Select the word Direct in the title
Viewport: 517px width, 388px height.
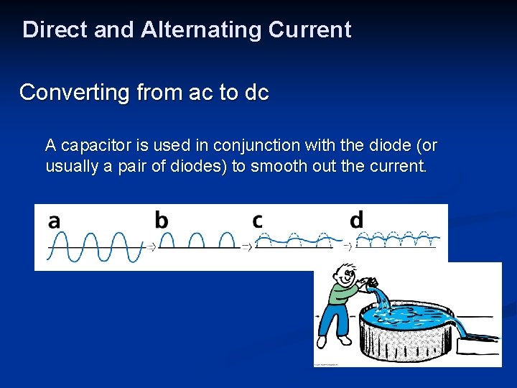(x=53, y=30)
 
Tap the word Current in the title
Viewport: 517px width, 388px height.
(x=309, y=30)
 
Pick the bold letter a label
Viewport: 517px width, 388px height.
(x=55, y=221)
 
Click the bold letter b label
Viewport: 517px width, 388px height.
(x=162, y=220)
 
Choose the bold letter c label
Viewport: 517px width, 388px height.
(x=257, y=221)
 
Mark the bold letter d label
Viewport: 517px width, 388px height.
(x=357, y=220)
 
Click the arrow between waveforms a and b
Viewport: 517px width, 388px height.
(x=152, y=246)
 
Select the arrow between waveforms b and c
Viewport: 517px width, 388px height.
(x=247, y=246)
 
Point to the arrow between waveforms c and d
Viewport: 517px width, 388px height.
(x=348, y=246)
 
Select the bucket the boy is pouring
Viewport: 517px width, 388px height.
(x=373, y=284)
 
